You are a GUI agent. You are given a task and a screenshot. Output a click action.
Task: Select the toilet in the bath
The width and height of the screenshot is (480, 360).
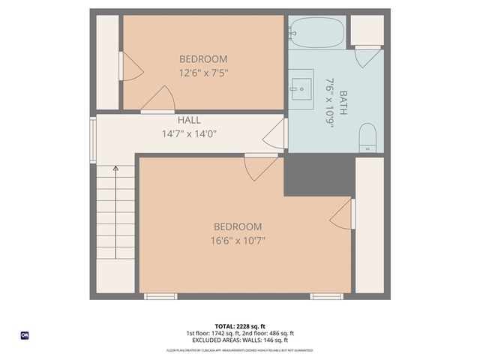click(367, 137)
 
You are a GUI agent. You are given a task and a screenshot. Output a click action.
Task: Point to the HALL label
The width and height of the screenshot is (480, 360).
click(189, 121)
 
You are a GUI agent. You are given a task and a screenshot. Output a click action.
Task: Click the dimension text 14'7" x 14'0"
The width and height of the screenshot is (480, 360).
click(189, 134)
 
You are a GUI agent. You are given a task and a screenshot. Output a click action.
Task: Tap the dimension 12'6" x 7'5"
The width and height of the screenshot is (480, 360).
click(202, 73)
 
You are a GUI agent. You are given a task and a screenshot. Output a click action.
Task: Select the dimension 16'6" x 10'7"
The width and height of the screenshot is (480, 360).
click(238, 241)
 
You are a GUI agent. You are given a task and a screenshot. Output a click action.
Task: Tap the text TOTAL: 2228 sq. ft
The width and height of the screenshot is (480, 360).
click(240, 325)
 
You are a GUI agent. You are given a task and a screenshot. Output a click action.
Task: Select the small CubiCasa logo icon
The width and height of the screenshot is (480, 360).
click(24, 335)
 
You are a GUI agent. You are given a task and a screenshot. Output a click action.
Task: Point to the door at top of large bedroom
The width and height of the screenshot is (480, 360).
click(259, 166)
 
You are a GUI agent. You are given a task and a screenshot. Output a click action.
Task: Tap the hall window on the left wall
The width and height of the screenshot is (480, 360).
click(93, 139)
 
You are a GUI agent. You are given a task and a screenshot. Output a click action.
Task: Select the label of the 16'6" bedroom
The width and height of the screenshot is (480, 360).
click(238, 226)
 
